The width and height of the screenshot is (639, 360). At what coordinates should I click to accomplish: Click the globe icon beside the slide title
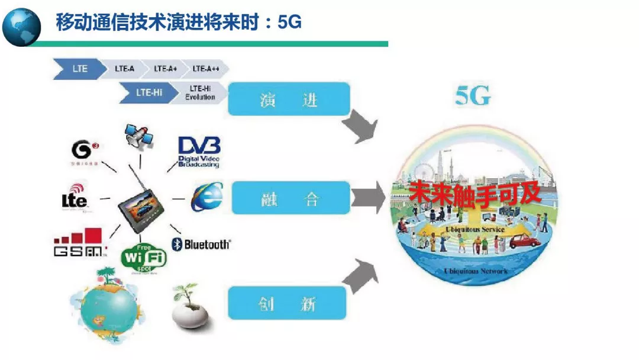click(22, 26)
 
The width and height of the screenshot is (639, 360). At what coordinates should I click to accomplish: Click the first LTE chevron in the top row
click(76, 69)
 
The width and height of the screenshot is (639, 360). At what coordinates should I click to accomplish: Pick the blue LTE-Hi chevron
click(149, 92)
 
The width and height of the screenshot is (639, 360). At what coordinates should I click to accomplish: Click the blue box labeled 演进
click(289, 99)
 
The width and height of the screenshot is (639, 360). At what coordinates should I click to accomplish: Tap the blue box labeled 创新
click(287, 304)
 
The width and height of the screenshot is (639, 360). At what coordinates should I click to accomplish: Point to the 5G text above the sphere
click(473, 97)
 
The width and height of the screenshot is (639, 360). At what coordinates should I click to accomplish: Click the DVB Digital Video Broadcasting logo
click(199, 152)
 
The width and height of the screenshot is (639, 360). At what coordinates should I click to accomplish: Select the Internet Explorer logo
click(206, 197)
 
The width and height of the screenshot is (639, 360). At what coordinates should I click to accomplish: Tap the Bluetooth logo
click(201, 244)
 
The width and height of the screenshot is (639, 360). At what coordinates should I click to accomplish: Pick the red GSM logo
click(79, 243)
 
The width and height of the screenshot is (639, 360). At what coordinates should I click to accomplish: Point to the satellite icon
click(140, 138)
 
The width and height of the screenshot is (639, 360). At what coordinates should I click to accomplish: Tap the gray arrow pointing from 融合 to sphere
click(367, 197)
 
